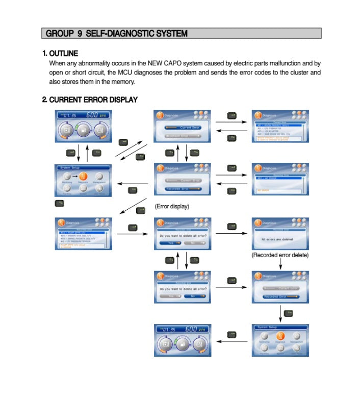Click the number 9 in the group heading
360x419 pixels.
tap(80, 34)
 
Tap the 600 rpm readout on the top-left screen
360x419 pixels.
tap(93, 115)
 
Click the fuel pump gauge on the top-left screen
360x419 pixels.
tap(84, 130)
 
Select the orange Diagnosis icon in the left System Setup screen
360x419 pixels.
tap(83, 177)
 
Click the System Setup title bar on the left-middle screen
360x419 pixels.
tap(83, 167)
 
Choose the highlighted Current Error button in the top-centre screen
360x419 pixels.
tap(183, 127)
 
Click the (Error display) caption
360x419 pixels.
tap(172, 207)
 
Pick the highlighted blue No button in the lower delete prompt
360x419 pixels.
tap(195, 296)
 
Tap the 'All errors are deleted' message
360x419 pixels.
tap(277, 239)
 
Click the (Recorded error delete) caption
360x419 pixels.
tap(280, 255)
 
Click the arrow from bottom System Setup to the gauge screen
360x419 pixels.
tap(232, 341)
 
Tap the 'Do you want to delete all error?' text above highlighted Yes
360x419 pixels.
tap(183, 236)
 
